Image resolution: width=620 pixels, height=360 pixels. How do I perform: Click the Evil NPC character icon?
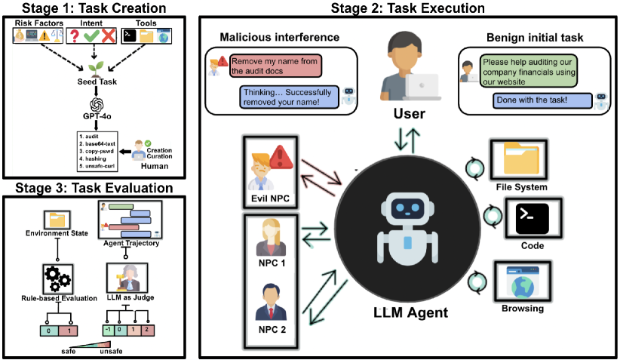point(262,173)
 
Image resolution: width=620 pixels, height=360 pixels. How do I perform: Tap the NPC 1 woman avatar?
point(271,238)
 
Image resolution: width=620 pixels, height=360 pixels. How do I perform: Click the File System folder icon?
point(520,158)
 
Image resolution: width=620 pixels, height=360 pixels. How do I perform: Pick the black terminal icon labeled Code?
point(533,219)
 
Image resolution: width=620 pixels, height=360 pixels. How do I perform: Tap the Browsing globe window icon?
point(523,282)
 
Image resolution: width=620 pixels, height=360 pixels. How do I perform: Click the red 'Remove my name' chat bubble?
point(275,66)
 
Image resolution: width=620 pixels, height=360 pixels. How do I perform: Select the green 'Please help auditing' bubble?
point(529,71)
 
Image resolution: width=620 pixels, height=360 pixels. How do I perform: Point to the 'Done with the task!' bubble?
point(542,100)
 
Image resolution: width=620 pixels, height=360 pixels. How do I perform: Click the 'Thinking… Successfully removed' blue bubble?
point(289,97)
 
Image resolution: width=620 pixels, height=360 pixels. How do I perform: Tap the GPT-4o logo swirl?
point(97,105)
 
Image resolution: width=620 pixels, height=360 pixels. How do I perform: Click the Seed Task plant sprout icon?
point(96,69)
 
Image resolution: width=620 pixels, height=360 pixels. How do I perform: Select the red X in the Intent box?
point(108,36)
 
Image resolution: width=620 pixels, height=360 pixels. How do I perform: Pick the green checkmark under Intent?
point(91,36)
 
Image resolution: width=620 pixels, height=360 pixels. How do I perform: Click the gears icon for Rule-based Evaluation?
point(57,278)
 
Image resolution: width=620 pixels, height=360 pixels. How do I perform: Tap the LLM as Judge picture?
point(127,278)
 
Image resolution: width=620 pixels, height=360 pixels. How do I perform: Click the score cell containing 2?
point(147,331)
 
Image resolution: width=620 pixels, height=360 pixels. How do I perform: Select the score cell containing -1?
point(109,331)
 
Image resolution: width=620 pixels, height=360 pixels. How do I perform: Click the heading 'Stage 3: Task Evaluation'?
point(94,188)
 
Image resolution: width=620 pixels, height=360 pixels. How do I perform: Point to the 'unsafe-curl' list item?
point(97,166)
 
